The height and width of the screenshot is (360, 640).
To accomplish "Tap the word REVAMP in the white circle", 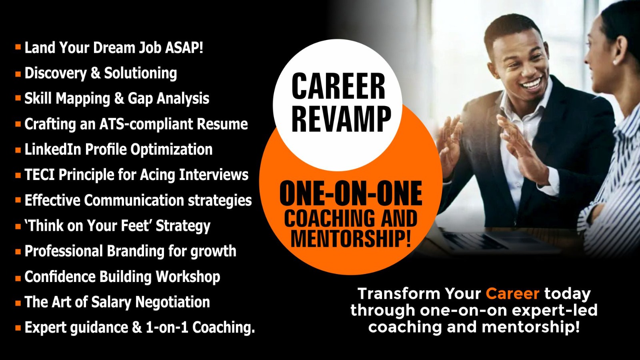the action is pos(341,119).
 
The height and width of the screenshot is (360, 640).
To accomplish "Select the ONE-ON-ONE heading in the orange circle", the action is pos(350,194).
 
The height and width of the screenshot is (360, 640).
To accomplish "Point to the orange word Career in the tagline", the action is pos(512,293).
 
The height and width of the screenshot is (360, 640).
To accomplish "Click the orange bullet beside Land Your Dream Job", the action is pos(18,46).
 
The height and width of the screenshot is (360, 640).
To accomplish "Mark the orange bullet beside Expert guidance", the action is pos(18,328).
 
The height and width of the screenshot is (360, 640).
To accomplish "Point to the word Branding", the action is pos(136,251).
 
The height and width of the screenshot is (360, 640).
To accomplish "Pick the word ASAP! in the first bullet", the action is pos(184,48).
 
